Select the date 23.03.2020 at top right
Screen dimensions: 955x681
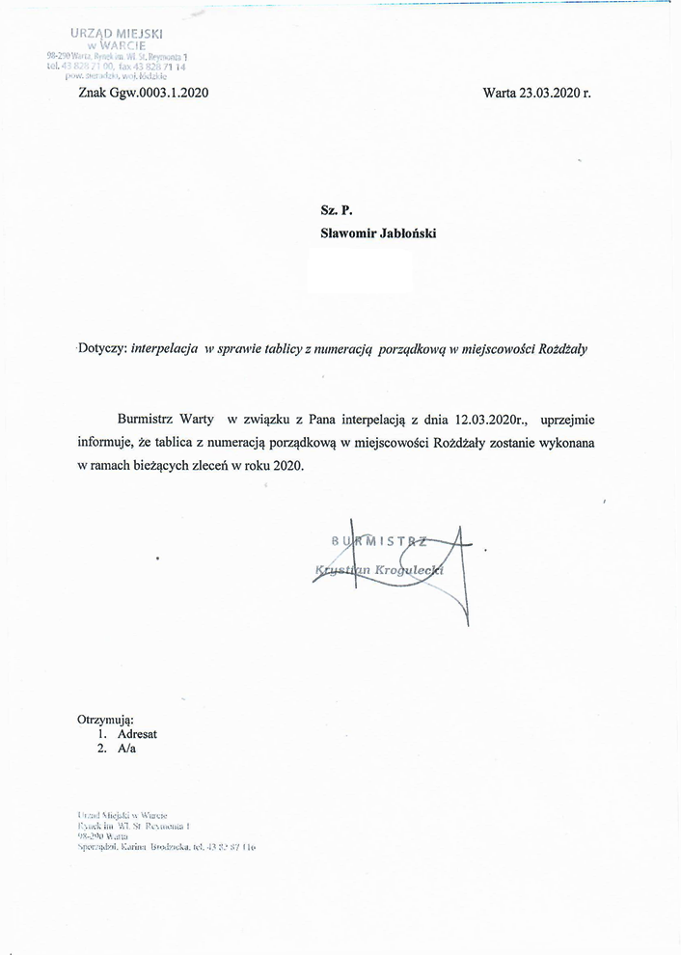pos(549,94)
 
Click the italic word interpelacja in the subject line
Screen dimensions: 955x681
pos(165,349)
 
